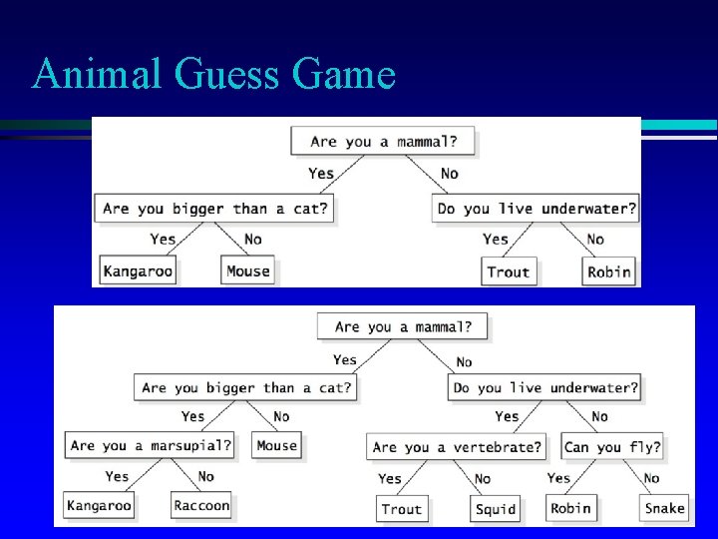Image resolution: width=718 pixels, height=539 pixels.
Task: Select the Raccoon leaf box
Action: click(x=201, y=506)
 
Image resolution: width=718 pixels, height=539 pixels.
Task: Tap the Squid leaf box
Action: click(x=496, y=509)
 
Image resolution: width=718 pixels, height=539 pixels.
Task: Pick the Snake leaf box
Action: click(x=664, y=508)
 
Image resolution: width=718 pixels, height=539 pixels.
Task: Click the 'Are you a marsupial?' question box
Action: click(x=151, y=445)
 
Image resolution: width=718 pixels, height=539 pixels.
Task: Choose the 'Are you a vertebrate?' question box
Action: click(x=458, y=447)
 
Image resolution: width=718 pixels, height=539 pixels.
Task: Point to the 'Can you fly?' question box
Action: click(x=612, y=447)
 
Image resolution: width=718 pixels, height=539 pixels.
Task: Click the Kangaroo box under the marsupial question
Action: click(x=99, y=506)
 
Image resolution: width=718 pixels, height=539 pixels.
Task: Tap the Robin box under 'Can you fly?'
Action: click(x=570, y=508)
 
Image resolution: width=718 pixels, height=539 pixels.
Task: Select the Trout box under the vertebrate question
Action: click(x=402, y=509)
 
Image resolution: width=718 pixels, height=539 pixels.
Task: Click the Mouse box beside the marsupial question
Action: click(x=277, y=445)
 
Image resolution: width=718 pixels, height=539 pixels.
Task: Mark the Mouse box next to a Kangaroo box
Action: click(x=248, y=270)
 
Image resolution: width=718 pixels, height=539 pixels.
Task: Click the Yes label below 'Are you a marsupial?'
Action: click(x=118, y=476)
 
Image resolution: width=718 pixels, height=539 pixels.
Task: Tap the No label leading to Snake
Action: click(x=651, y=478)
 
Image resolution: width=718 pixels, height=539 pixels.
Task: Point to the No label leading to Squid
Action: click(x=483, y=479)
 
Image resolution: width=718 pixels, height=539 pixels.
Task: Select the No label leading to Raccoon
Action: click(x=205, y=476)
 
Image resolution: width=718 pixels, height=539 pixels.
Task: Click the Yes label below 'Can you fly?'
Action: click(x=558, y=478)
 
